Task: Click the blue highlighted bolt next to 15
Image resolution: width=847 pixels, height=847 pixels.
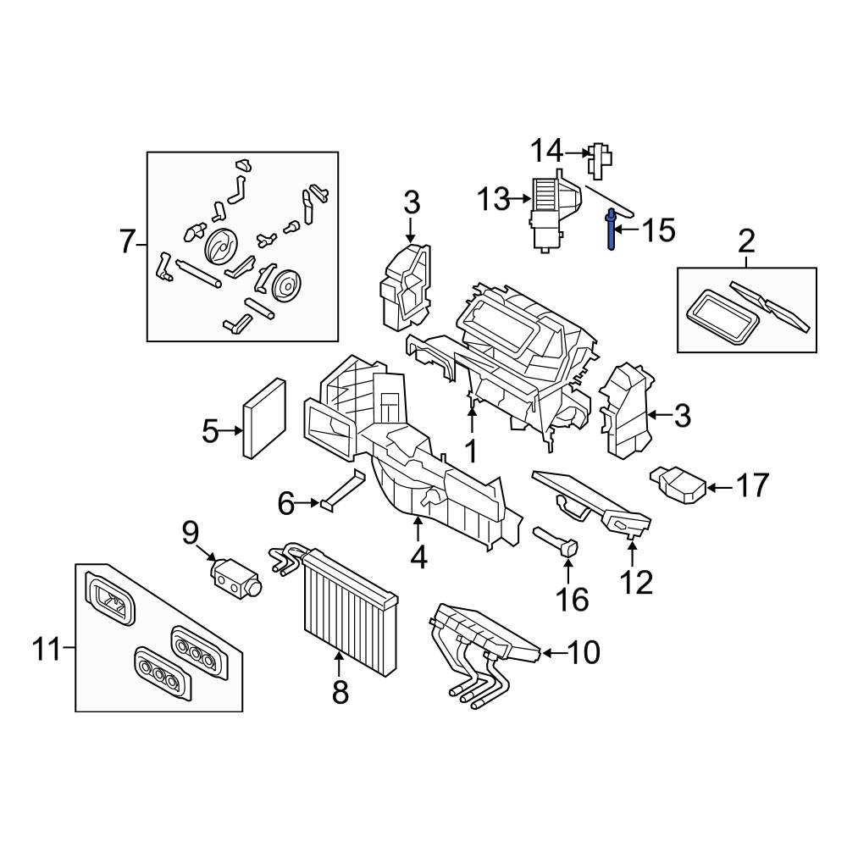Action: pos(610,231)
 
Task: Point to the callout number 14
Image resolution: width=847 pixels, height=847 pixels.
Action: pos(547,152)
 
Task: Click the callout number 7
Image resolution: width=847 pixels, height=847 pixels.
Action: pos(127,243)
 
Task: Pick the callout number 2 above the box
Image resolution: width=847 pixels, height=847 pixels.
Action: pos(746,242)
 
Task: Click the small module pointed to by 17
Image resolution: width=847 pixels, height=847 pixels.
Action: pos(678,486)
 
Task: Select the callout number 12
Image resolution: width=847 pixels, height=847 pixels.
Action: pos(636,582)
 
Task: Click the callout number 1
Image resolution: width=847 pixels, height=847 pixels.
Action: pos(469,450)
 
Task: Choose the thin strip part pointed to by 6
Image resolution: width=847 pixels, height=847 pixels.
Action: pos(342,491)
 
